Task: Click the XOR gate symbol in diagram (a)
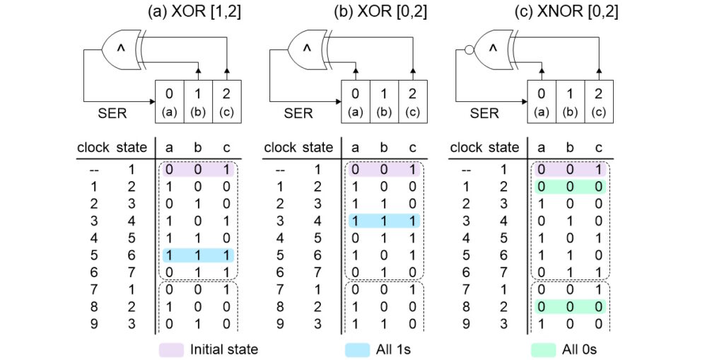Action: click(x=121, y=48)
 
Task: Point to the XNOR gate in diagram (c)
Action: click(x=494, y=48)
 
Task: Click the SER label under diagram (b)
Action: click(x=298, y=112)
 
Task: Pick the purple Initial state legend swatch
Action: click(x=171, y=349)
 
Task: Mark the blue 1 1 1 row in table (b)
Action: click(x=385, y=221)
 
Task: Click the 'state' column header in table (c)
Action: click(x=504, y=148)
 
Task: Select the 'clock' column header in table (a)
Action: click(x=93, y=148)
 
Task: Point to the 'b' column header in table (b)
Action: click(x=384, y=148)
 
